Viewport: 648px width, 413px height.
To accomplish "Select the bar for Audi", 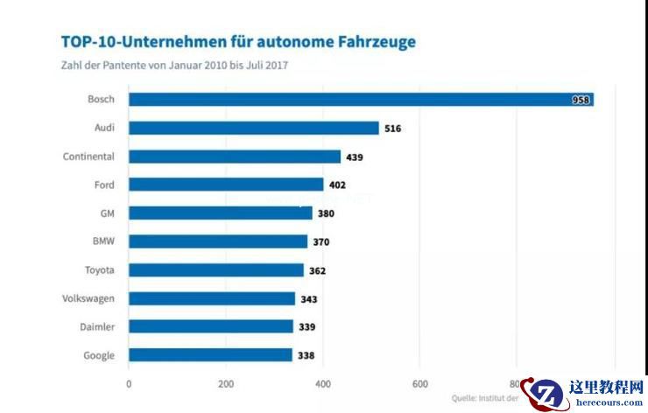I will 254,128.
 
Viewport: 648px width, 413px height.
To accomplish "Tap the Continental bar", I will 235,157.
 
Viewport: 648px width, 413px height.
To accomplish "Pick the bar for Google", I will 210,355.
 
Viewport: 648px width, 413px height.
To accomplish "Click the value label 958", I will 581,100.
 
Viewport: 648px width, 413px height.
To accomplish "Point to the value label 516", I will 392,129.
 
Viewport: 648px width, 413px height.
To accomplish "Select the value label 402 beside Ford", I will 338,185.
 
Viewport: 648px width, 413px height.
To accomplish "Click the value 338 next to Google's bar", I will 306,356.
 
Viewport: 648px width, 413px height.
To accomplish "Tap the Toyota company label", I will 100,270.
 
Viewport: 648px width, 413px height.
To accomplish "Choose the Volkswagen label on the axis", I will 88,298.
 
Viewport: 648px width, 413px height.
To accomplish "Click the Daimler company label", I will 96,326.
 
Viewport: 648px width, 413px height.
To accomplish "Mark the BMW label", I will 103,241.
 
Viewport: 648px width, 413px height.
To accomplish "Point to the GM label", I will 107,213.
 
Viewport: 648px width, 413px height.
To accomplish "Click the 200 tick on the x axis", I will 226,383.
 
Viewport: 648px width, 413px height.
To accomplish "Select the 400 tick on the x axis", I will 322,383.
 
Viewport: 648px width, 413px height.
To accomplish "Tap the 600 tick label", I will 419,383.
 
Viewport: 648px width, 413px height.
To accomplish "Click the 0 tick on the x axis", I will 129,383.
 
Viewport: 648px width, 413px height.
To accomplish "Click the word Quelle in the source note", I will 465,398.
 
